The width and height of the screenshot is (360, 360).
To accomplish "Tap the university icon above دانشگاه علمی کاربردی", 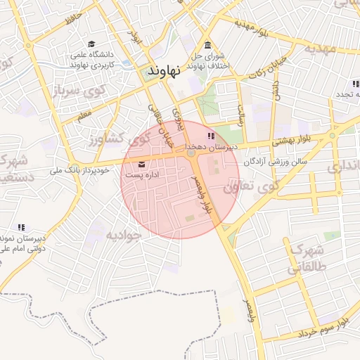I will click(x=94, y=44).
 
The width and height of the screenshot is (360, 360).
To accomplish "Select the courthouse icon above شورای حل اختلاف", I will click(x=208, y=45).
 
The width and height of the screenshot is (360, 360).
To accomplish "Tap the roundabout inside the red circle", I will click(x=191, y=153).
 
